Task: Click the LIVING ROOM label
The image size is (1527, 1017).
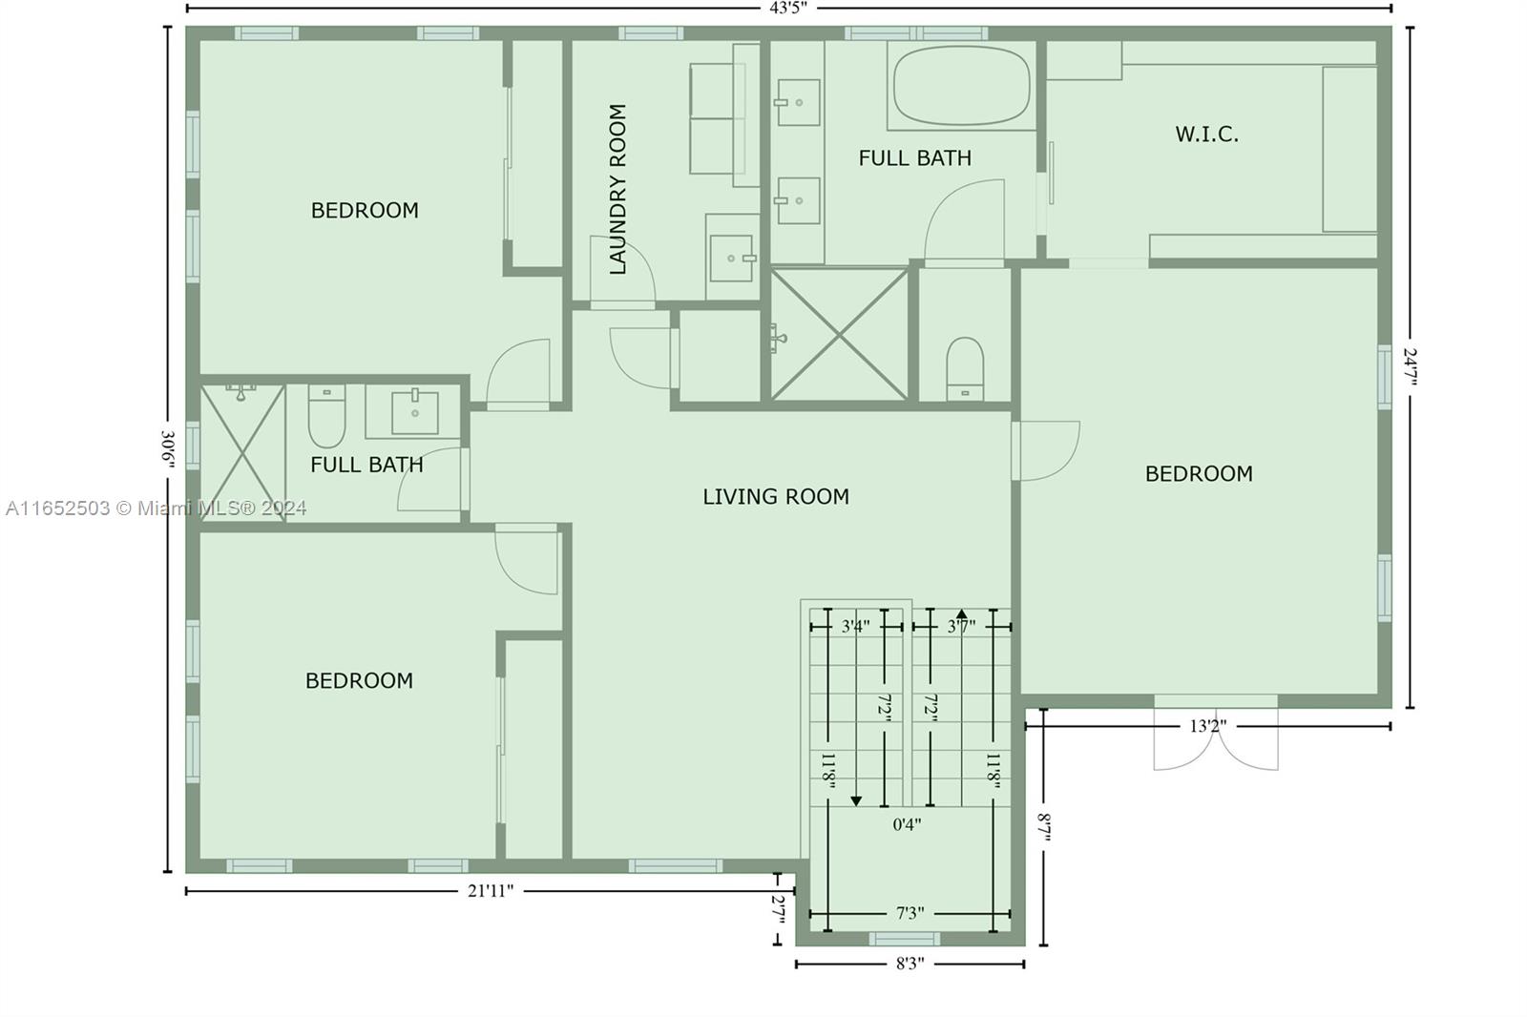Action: point(776,496)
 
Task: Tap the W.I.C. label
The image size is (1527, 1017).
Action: point(1206,135)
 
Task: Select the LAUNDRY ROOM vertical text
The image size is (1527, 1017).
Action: point(617,190)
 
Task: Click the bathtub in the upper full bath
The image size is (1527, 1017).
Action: point(961,86)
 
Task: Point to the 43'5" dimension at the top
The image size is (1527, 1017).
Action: point(788,9)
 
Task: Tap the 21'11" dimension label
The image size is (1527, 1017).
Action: point(491,891)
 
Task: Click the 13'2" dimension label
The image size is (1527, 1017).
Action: point(1208,726)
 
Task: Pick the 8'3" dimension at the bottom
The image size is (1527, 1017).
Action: point(910,964)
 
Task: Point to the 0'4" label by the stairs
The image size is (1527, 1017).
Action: point(908,825)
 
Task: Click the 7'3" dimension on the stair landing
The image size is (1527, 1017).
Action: point(910,913)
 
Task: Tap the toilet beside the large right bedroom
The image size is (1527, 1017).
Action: point(965,369)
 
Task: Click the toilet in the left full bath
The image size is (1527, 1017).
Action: point(326,415)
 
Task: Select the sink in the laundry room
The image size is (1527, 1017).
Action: point(731,259)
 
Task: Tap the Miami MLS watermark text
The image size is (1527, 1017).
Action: point(157,508)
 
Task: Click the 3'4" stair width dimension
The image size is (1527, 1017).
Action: point(855,627)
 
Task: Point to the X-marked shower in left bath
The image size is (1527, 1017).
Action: point(242,454)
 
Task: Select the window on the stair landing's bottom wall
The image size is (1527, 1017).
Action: point(905,940)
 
